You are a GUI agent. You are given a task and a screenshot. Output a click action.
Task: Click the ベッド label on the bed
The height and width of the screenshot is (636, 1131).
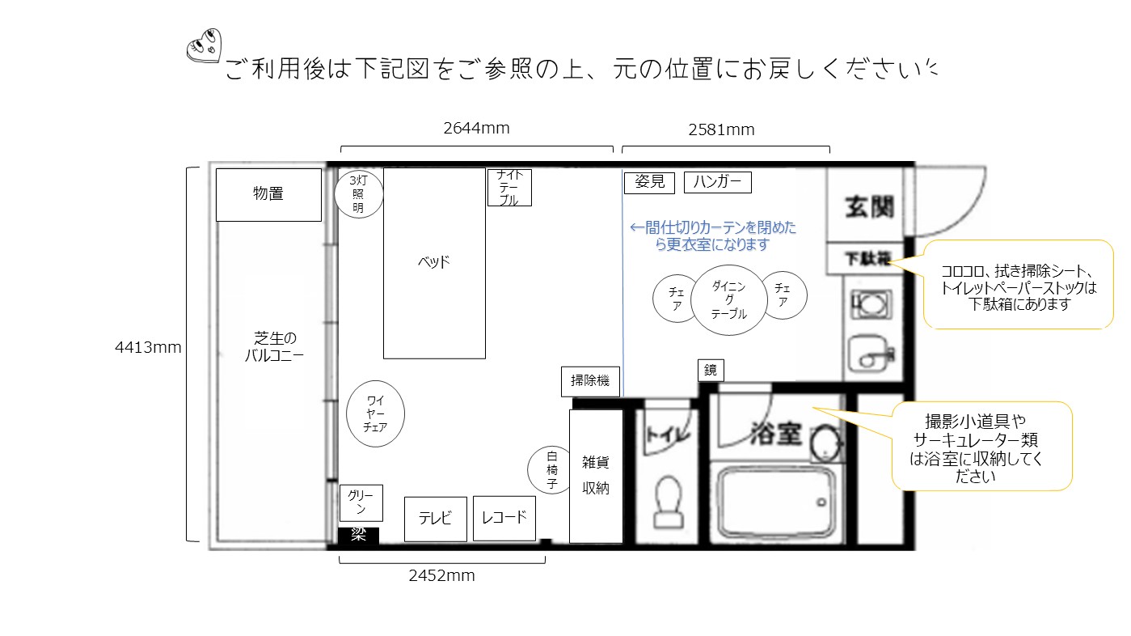tap(433, 262)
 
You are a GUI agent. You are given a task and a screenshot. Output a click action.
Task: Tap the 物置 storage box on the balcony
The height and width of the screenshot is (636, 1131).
tap(268, 194)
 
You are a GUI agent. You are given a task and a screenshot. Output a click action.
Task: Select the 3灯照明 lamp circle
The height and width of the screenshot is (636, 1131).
tap(357, 194)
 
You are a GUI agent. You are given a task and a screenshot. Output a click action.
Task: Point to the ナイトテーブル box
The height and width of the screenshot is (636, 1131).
tap(509, 188)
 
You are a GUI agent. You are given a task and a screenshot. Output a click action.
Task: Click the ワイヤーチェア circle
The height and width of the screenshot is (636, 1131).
tap(374, 413)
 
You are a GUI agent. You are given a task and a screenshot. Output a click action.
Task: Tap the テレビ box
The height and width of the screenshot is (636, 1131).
tap(436, 519)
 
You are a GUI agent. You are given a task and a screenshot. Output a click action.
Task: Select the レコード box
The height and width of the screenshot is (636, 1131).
tap(504, 518)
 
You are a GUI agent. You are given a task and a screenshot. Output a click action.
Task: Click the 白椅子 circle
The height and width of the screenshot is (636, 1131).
tap(552, 469)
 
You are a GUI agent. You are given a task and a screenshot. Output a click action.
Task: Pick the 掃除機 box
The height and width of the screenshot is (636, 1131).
tap(590, 381)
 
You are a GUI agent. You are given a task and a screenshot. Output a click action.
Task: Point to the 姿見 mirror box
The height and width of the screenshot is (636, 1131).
tap(649, 182)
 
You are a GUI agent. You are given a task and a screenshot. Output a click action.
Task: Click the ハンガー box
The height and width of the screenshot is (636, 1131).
tap(717, 182)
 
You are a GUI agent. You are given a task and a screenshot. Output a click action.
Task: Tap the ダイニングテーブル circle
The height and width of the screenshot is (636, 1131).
tap(728, 300)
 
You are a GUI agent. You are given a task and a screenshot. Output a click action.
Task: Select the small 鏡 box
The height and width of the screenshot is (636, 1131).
tap(711, 370)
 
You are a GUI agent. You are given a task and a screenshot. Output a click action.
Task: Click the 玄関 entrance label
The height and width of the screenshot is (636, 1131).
tap(870, 207)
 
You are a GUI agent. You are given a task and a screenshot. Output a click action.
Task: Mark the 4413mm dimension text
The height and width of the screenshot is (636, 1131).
tap(148, 348)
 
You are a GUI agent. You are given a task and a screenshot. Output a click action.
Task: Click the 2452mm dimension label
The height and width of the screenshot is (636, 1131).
tap(441, 576)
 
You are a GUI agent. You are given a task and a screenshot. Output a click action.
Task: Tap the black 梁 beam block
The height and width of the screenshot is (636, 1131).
tap(358, 535)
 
